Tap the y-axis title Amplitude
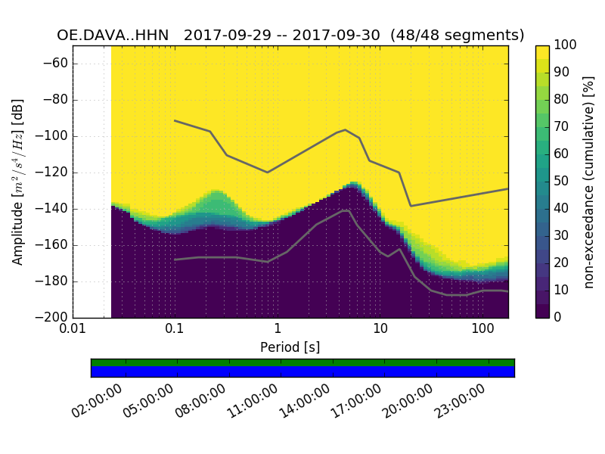pyautogui.click(x=18, y=182)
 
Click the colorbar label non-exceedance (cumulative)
pyautogui.click(x=589, y=182)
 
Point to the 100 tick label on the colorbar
pyautogui.click(x=565, y=45)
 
